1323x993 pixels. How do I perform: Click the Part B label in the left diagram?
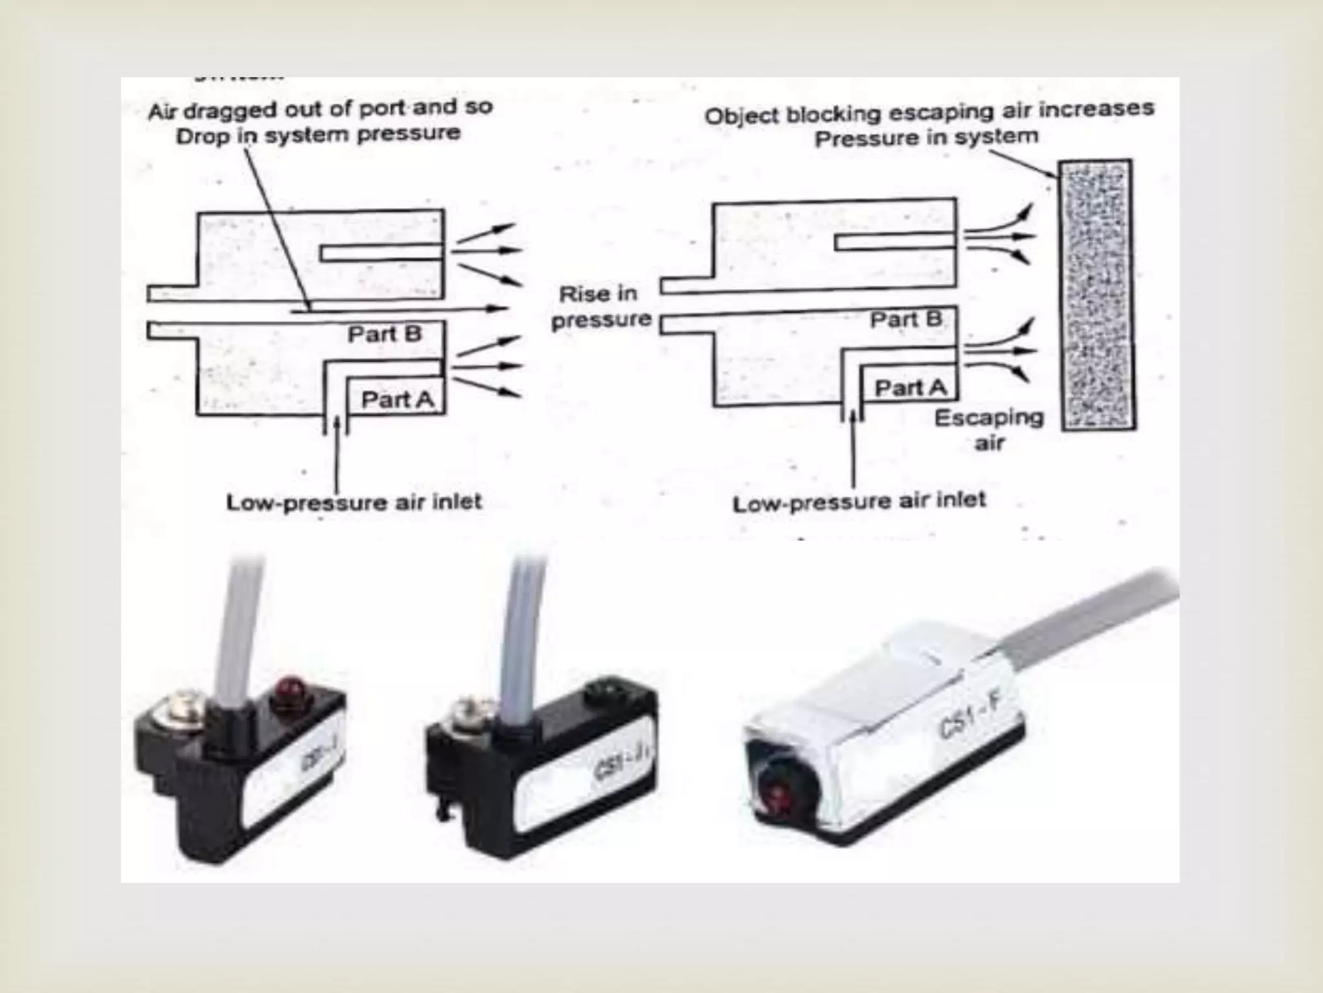pyautogui.click(x=384, y=334)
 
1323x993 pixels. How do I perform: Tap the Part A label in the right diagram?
pyautogui.click(x=910, y=388)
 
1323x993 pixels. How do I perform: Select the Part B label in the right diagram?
pyautogui.click(x=906, y=319)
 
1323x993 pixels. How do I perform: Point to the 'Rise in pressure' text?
pyautogui.click(x=600, y=306)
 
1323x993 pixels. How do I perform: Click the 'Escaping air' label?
pyautogui.click(x=988, y=430)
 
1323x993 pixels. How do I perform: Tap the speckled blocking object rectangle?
pyautogui.click(x=1097, y=295)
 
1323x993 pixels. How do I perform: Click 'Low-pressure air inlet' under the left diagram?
pyautogui.click(x=353, y=502)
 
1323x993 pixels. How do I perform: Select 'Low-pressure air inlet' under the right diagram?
pyautogui.click(x=859, y=501)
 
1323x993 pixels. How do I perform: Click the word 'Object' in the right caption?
pyautogui.click(x=743, y=116)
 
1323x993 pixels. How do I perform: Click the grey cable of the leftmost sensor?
pyautogui.click(x=244, y=634)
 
